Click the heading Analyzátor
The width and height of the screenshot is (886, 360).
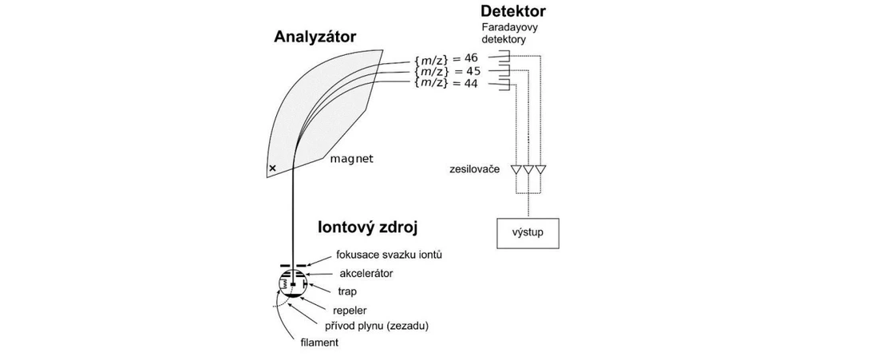point(314,37)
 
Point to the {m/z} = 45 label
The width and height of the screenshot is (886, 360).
point(446,70)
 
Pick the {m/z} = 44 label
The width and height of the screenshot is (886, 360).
point(446,83)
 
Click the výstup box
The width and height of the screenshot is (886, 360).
point(528,233)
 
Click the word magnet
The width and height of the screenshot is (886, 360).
point(352,159)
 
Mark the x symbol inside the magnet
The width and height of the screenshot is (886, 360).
point(272,168)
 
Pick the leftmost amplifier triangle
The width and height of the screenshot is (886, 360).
point(516,170)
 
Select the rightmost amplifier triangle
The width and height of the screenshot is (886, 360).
point(540,170)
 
